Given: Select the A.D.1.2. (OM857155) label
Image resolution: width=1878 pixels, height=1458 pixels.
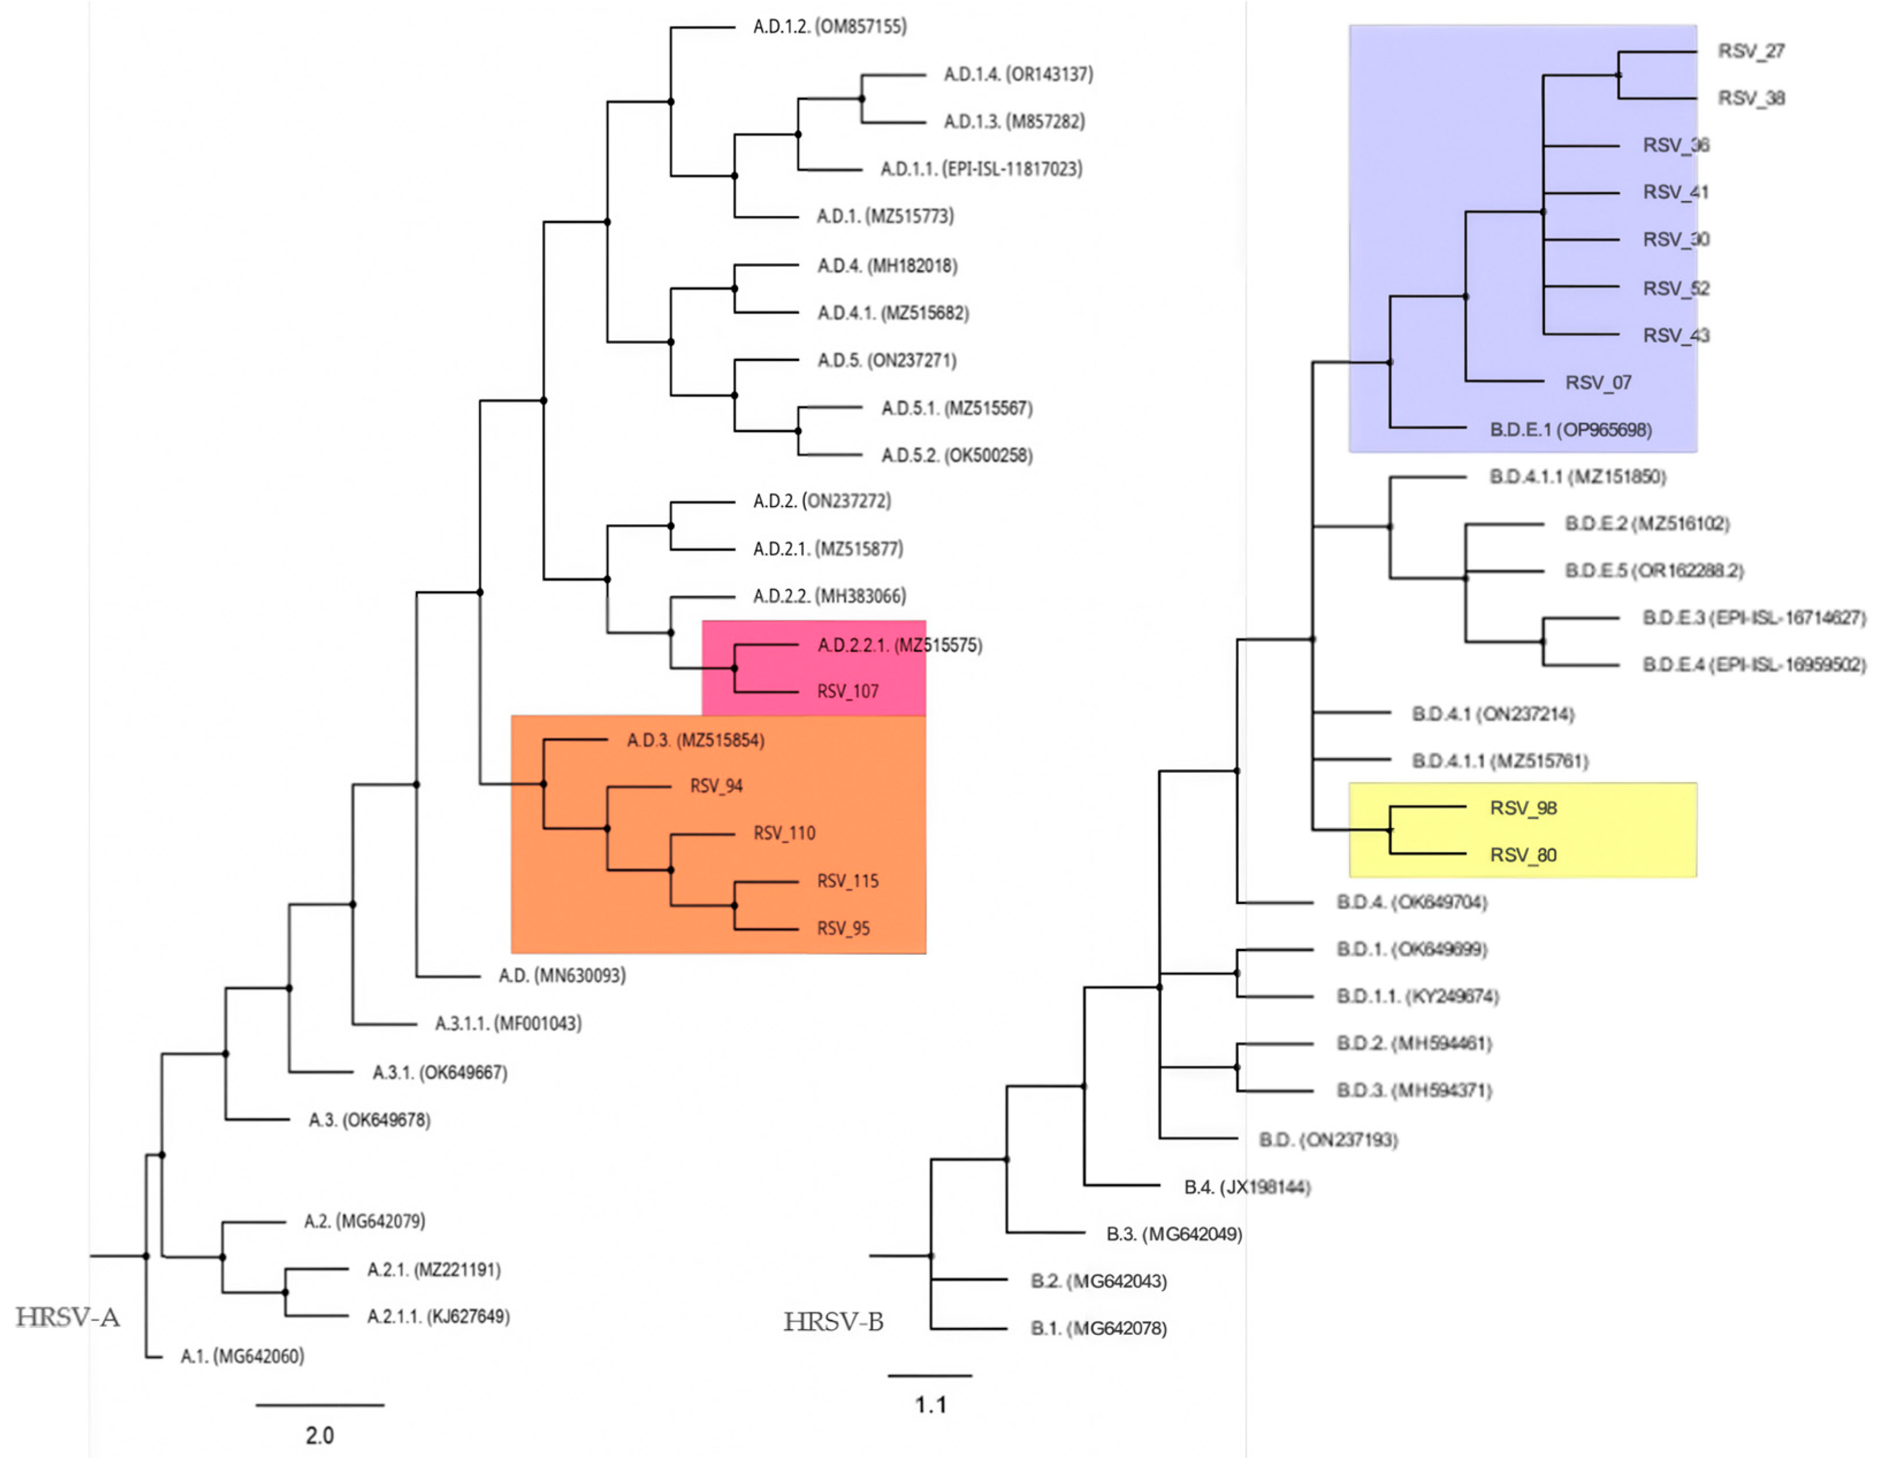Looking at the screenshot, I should pyautogui.click(x=829, y=26).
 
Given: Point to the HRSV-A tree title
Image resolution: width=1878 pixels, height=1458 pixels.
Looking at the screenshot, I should pyautogui.click(x=67, y=1317).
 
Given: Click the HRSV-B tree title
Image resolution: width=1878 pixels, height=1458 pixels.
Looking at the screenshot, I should pyautogui.click(x=833, y=1321).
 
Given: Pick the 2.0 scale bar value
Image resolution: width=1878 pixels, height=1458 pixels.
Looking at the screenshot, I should pyautogui.click(x=319, y=1435).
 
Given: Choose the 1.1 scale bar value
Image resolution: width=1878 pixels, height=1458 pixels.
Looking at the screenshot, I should pyautogui.click(x=930, y=1404).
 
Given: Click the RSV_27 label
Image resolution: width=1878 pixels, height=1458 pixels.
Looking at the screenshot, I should pyautogui.click(x=1751, y=52).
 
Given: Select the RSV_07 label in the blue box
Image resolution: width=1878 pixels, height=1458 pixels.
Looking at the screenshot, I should pyautogui.click(x=1598, y=383).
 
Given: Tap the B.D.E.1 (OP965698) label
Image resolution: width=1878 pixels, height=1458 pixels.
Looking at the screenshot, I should pyautogui.click(x=1570, y=430).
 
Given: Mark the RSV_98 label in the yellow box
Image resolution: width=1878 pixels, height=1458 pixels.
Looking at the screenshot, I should pyautogui.click(x=1523, y=808).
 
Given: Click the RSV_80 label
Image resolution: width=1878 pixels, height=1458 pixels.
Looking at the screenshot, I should pyautogui.click(x=1523, y=856).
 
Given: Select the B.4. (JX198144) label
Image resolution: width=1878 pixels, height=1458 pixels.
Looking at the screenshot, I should pyautogui.click(x=1247, y=1187).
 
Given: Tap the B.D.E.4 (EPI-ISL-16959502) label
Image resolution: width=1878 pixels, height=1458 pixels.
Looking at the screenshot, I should pyautogui.click(x=1753, y=665).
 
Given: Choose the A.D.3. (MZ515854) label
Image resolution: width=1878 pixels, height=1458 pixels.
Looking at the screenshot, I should pyautogui.click(x=695, y=740).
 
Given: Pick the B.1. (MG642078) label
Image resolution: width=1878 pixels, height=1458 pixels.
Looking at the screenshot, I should pyautogui.click(x=1098, y=1328).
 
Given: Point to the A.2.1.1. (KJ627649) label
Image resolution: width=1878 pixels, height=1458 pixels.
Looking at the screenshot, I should pyautogui.click(x=438, y=1316).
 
